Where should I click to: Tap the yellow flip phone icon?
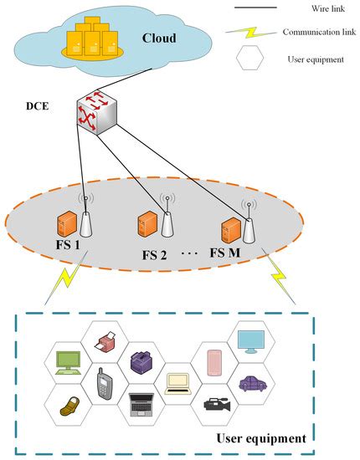tap(69, 406)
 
